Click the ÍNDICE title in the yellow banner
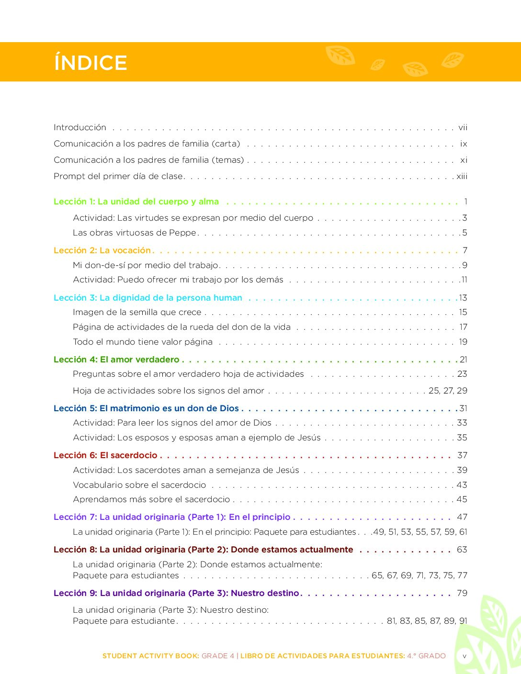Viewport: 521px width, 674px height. pos(91,63)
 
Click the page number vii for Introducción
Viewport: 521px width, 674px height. pos(463,127)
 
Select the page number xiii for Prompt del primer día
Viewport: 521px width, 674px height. pos(462,176)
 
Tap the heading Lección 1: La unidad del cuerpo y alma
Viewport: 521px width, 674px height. pos(136,202)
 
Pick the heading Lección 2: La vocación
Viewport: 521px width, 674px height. pos(102,250)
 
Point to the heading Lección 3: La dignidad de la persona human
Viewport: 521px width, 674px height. pos(147,298)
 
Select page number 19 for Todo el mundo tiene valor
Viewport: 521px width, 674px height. pos(463,342)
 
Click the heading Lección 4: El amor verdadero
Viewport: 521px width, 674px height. pos(116,359)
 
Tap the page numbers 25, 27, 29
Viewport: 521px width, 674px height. pos(448,391)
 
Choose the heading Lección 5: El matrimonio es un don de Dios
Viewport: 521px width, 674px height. pos(146,408)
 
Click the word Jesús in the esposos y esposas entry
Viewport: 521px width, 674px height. pos(309,438)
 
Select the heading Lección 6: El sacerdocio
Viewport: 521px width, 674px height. pos(105,455)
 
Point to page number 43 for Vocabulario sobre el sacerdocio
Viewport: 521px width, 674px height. pos(462,485)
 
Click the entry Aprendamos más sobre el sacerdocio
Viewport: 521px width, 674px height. pos(151,499)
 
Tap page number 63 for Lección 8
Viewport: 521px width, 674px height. pos(462,550)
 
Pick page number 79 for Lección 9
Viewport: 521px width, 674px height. pos(462,593)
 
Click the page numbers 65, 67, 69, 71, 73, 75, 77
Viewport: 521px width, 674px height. pos(419,575)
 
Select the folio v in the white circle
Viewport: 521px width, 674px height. pos(464,656)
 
